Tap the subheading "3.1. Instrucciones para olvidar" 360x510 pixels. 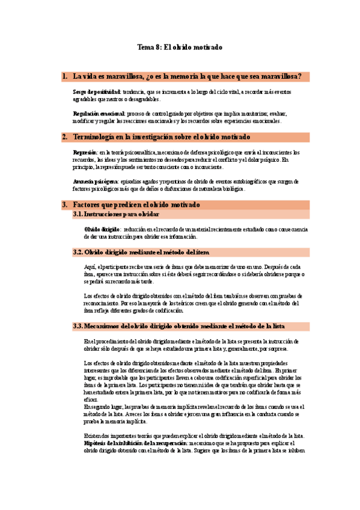116,214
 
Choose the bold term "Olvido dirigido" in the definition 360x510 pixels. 102,229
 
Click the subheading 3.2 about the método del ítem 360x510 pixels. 141,252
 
